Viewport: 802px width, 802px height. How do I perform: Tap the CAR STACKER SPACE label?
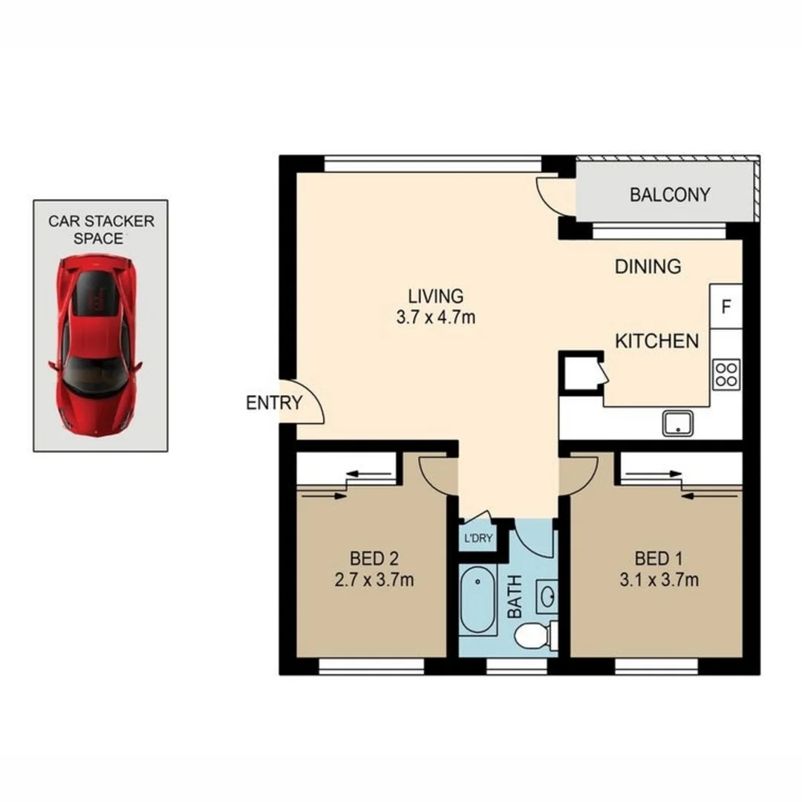101,229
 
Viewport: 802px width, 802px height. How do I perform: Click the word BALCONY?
669,195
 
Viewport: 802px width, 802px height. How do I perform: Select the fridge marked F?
726,306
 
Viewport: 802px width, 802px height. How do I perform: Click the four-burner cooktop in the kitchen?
726,374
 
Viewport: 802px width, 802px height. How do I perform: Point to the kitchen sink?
678,424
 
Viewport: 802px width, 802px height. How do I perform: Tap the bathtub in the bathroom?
477,601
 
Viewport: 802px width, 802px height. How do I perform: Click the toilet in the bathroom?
533,636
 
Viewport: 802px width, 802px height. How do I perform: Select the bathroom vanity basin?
547,596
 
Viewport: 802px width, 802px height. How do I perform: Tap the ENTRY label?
274,403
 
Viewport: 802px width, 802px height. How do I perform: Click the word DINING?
648,267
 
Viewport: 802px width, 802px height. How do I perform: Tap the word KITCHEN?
656,341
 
